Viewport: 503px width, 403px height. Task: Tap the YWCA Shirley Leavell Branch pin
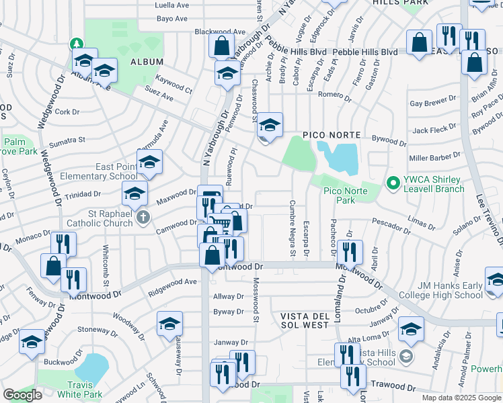coord(391,181)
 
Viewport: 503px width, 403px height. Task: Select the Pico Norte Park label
coord(339,195)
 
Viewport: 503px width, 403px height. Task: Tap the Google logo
coord(22,395)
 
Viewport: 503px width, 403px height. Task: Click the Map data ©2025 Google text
coord(461,398)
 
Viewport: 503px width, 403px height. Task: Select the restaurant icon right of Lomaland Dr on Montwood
coord(349,252)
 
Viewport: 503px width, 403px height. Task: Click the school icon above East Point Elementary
coord(149,161)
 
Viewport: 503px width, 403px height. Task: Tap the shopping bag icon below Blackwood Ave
coord(221,46)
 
